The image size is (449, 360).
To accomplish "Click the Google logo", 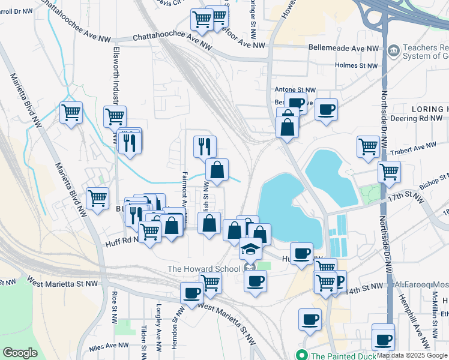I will click(x=19, y=353).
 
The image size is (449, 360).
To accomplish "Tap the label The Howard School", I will click(x=203, y=269).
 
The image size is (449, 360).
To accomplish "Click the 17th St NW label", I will click(x=402, y=196).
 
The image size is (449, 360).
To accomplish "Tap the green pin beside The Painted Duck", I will click(x=303, y=355).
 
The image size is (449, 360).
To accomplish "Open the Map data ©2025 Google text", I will click(x=412, y=355).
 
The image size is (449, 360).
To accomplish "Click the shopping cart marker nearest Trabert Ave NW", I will click(x=368, y=146).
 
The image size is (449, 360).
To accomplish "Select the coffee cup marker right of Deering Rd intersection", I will click(x=325, y=110).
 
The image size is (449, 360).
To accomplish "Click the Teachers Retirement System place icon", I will click(x=394, y=50).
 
